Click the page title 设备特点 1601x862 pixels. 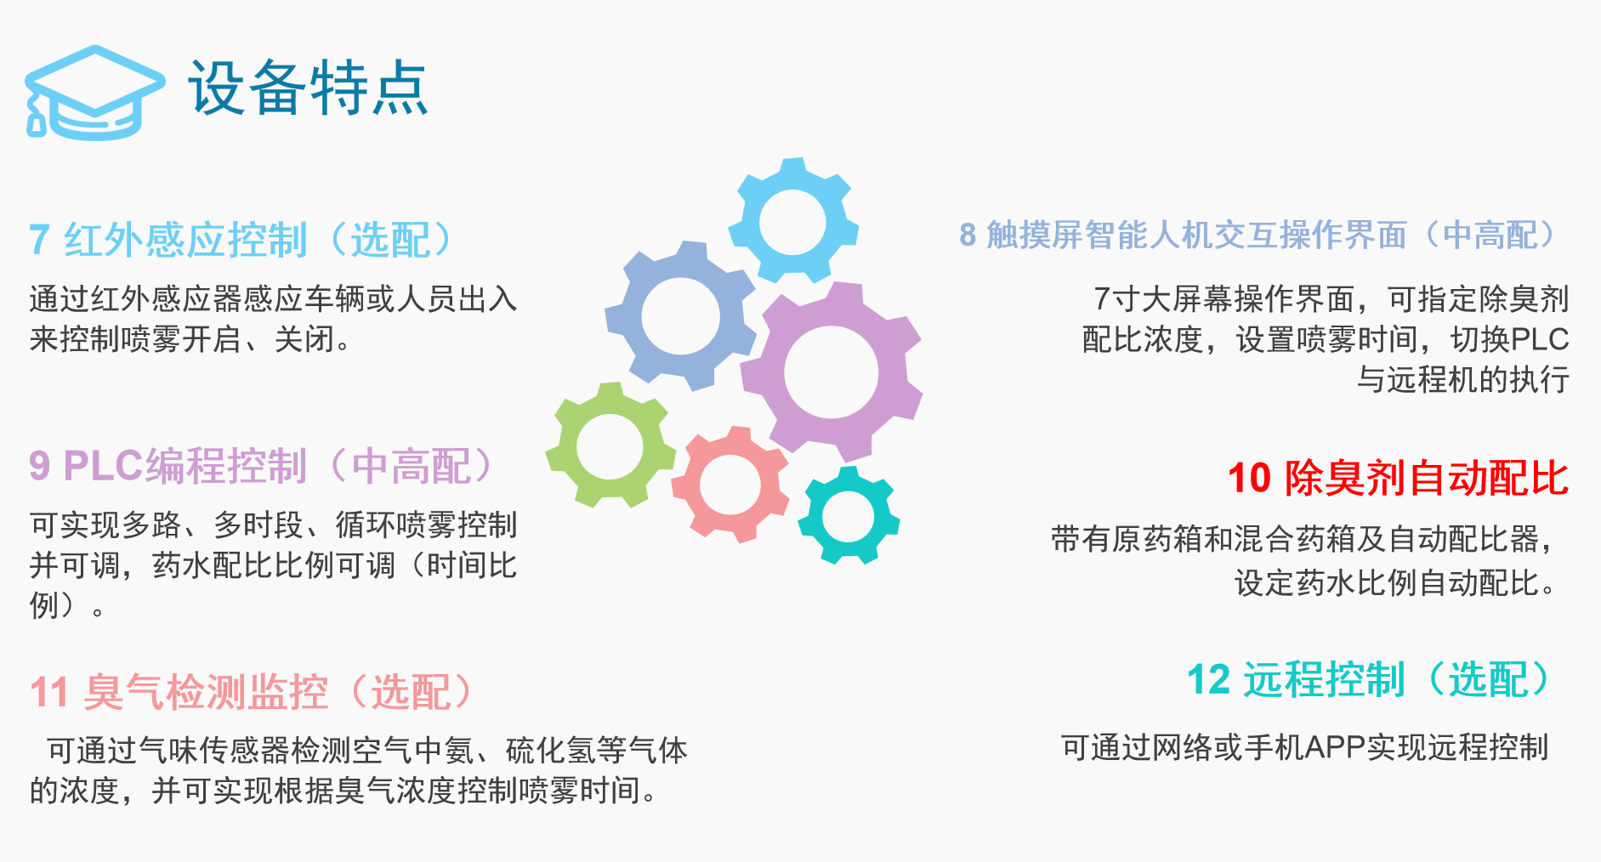[308, 88]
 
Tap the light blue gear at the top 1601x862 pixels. [792, 221]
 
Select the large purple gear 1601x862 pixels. [832, 372]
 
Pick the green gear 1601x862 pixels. [610, 445]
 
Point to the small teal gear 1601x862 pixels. [849, 516]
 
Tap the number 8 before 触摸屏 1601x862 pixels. [968, 235]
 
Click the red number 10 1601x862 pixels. [1249, 478]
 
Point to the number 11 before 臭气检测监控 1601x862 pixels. [49, 692]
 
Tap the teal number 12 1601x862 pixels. [1209, 680]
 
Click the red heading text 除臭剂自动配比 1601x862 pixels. [1426, 478]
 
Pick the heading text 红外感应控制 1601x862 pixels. [185, 241]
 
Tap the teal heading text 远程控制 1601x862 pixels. [1325, 680]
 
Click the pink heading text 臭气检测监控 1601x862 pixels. [206, 692]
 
